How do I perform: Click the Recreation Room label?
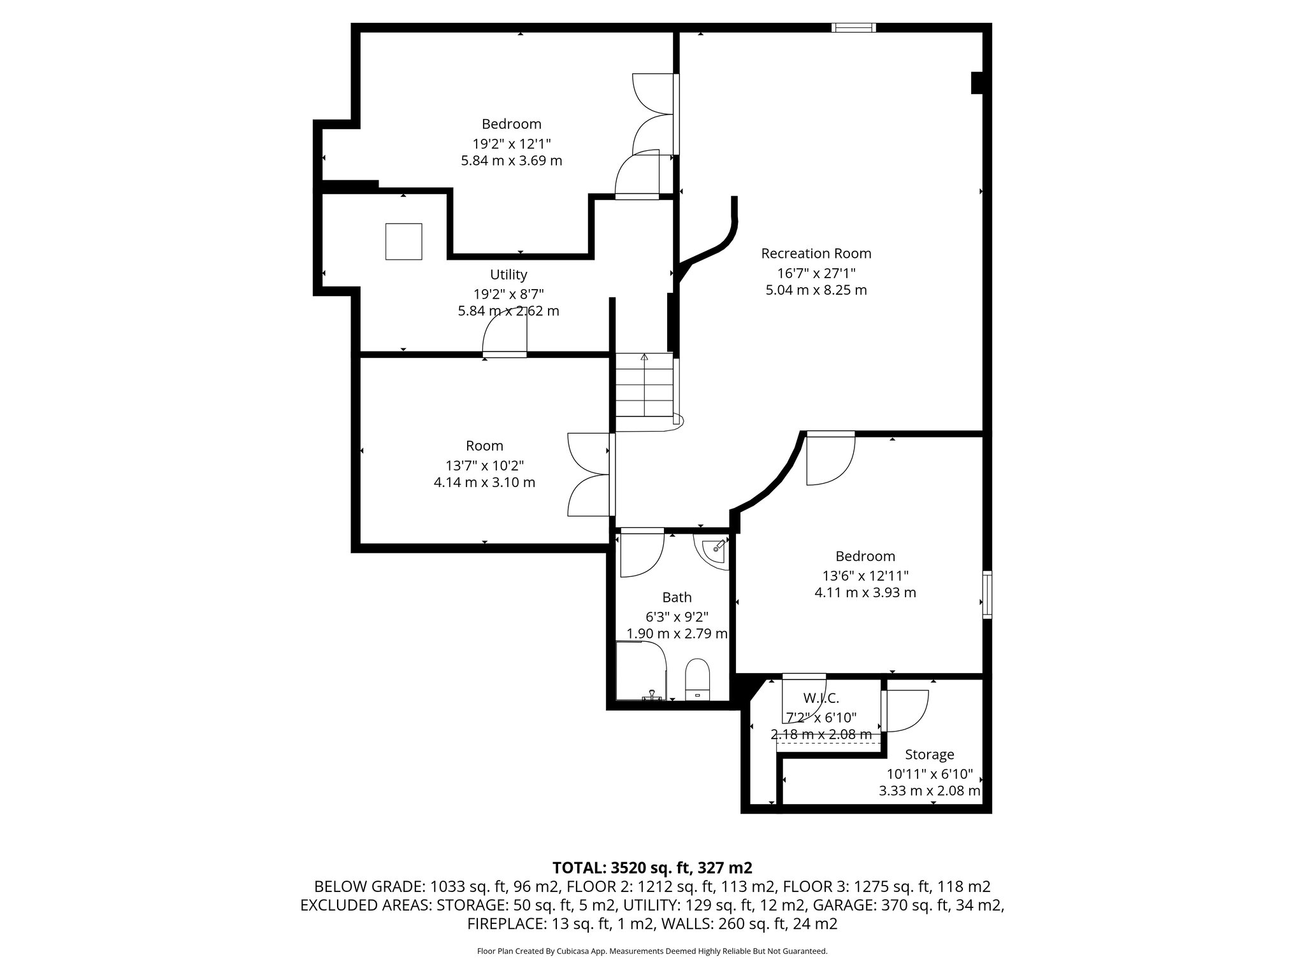click(816, 253)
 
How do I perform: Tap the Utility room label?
click(508, 274)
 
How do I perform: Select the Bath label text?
click(676, 597)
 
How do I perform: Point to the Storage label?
click(929, 755)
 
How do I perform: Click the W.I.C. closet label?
click(821, 698)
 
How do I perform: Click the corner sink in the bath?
click(716, 549)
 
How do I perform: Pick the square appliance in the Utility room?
click(403, 241)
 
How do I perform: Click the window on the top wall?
click(853, 27)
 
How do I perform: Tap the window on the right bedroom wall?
click(987, 595)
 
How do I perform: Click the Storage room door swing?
click(905, 710)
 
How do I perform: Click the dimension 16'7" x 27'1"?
click(816, 273)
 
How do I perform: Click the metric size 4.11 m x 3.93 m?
click(865, 593)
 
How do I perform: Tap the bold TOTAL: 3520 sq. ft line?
click(652, 868)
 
